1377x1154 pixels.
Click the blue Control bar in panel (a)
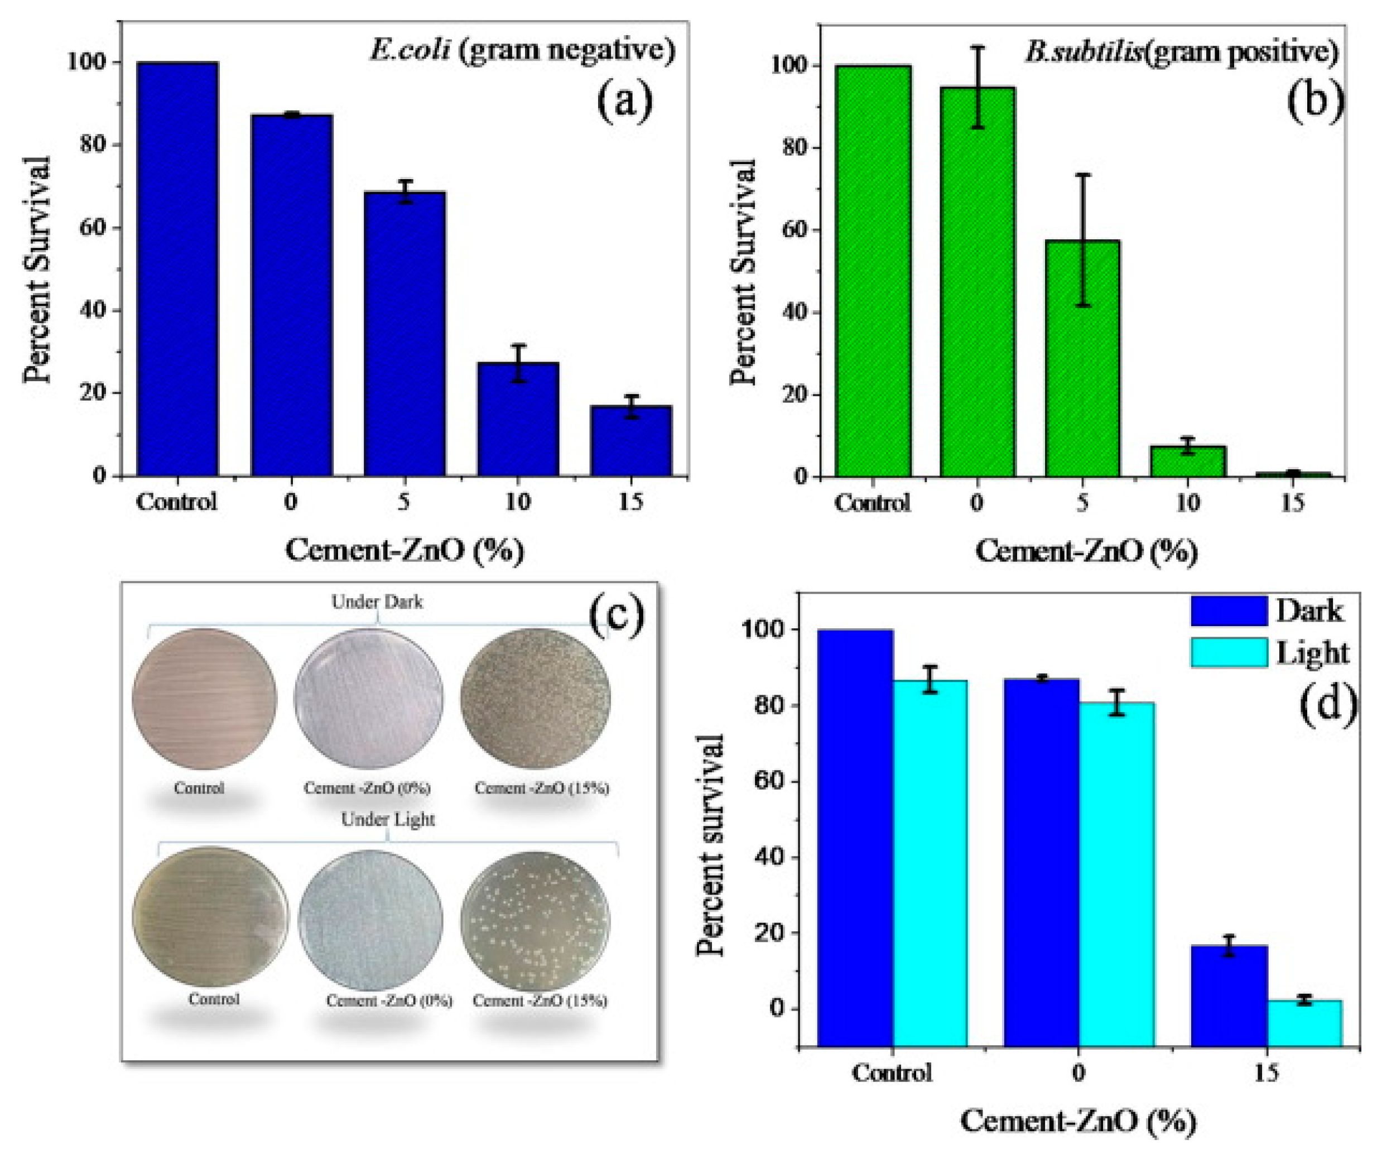177,269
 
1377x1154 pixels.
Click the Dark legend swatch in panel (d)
1229,610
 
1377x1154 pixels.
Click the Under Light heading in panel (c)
388,819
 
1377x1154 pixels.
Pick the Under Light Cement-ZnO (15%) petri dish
535,921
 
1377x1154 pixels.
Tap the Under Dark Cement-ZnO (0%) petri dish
368,698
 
